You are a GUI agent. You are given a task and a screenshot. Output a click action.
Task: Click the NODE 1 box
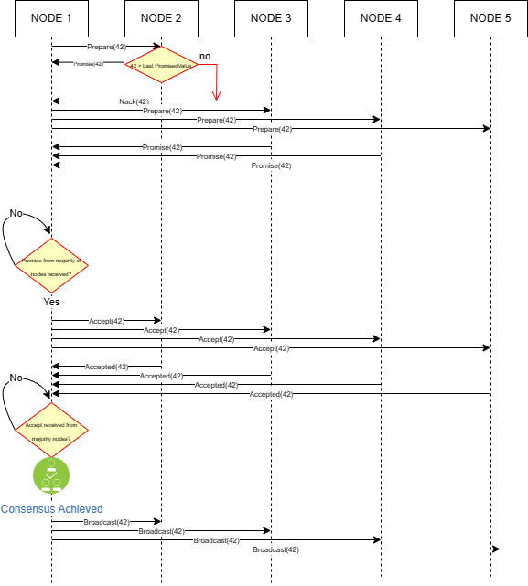click(51, 18)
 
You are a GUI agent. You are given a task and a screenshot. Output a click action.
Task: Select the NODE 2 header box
click(161, 18)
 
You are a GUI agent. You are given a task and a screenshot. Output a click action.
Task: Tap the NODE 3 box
click(271, 18)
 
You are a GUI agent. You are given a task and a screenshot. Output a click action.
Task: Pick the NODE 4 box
click(381, 18)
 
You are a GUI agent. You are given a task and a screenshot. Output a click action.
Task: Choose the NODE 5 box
click(490, 18)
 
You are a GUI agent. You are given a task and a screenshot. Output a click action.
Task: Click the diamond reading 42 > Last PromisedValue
click(161, 65)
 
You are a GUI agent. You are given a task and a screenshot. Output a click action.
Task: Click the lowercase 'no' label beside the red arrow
click(205, 57)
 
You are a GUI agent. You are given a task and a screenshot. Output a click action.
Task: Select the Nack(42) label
click(134, 101)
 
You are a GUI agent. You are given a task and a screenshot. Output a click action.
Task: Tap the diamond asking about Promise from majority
click(51, 265)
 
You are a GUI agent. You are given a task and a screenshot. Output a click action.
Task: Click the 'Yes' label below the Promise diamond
click(51, 302)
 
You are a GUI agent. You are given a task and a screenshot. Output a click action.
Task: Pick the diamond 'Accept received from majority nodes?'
click(51, 430)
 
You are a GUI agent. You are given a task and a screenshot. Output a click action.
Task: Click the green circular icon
click(51, 475)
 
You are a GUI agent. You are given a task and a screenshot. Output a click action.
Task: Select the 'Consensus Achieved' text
click(52, 509)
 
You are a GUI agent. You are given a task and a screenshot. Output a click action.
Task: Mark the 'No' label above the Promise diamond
click(16, 213)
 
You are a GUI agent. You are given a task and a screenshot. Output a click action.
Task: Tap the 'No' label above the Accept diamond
click(16, 378)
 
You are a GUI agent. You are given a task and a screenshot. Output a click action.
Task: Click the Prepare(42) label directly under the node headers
click(106, 47)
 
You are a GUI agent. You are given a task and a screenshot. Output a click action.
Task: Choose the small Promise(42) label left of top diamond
click(89, 64)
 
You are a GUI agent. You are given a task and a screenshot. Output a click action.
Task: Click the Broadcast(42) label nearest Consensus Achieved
click(106, 522)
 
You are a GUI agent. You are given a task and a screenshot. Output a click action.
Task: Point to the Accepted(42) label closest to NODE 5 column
click(271, 394)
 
